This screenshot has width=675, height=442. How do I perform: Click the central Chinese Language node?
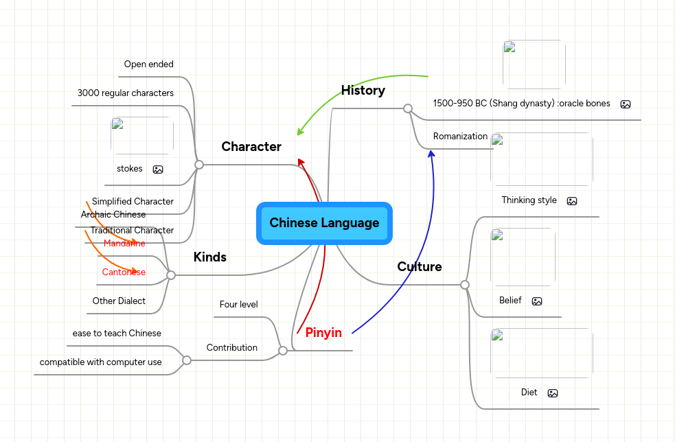(324, 223)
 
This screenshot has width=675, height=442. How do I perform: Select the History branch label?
(363, 91)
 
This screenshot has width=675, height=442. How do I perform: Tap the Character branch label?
(251, 147)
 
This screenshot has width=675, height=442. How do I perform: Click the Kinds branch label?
(209, 257)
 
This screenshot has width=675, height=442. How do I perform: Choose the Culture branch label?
(419, 267)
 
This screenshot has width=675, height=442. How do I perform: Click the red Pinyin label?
(323, 333)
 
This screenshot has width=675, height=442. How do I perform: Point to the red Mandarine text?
(124, 244)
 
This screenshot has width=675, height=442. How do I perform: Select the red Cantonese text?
(124, 272)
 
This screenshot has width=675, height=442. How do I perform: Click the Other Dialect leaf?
(119, 301)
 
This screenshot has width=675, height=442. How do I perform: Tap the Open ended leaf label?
(148, 65)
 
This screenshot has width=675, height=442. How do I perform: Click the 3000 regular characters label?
(125, 93)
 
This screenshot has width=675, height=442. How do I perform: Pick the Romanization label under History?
(460, 137)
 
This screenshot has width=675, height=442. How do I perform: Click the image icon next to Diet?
(553, 393)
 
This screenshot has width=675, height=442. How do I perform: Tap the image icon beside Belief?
(537, 301)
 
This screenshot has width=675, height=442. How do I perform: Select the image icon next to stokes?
(158, 170)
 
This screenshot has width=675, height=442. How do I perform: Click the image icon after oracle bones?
(625, 104)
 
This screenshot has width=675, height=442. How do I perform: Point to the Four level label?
(238, 304)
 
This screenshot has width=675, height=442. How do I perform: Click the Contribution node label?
(232, 348)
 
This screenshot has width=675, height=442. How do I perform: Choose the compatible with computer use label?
(101, 362)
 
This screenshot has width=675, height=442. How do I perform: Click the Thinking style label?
(529, 200)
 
